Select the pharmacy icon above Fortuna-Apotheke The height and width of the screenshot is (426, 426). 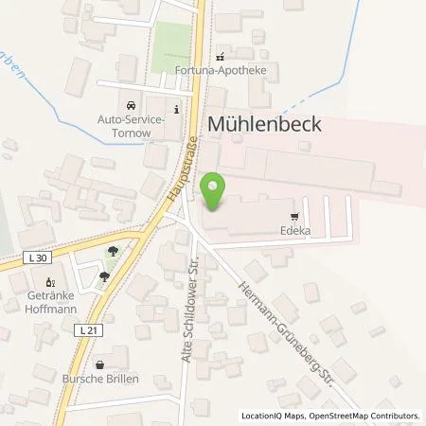pyautogui.click(x=221, y=55)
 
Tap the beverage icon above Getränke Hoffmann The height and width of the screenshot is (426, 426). pyautogui.click(x=53, y=280)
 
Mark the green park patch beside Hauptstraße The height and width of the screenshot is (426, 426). pyautogui.click(x=171, y=47)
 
